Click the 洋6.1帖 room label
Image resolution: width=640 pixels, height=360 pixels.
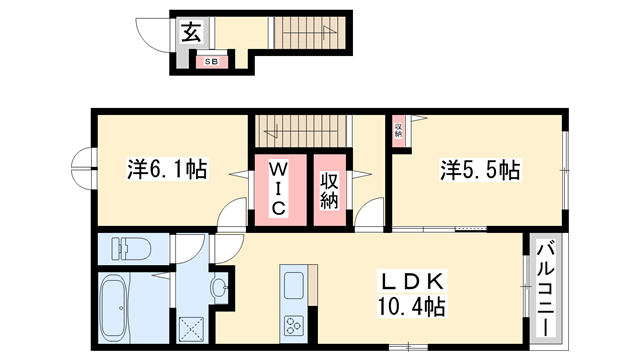[167, 169]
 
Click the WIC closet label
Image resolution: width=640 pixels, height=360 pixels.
[279, 187]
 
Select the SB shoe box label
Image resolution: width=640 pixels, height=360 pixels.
[211, 62]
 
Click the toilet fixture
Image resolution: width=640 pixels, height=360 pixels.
[125, 247]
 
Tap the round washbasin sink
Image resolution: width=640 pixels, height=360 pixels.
[219, 289]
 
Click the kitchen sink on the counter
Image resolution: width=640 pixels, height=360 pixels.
[294, 285]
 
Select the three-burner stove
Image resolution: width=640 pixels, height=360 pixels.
[294, 324]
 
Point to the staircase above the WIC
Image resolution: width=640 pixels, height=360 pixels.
[300, 131]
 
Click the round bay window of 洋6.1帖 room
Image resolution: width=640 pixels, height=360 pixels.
[80, 169]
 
